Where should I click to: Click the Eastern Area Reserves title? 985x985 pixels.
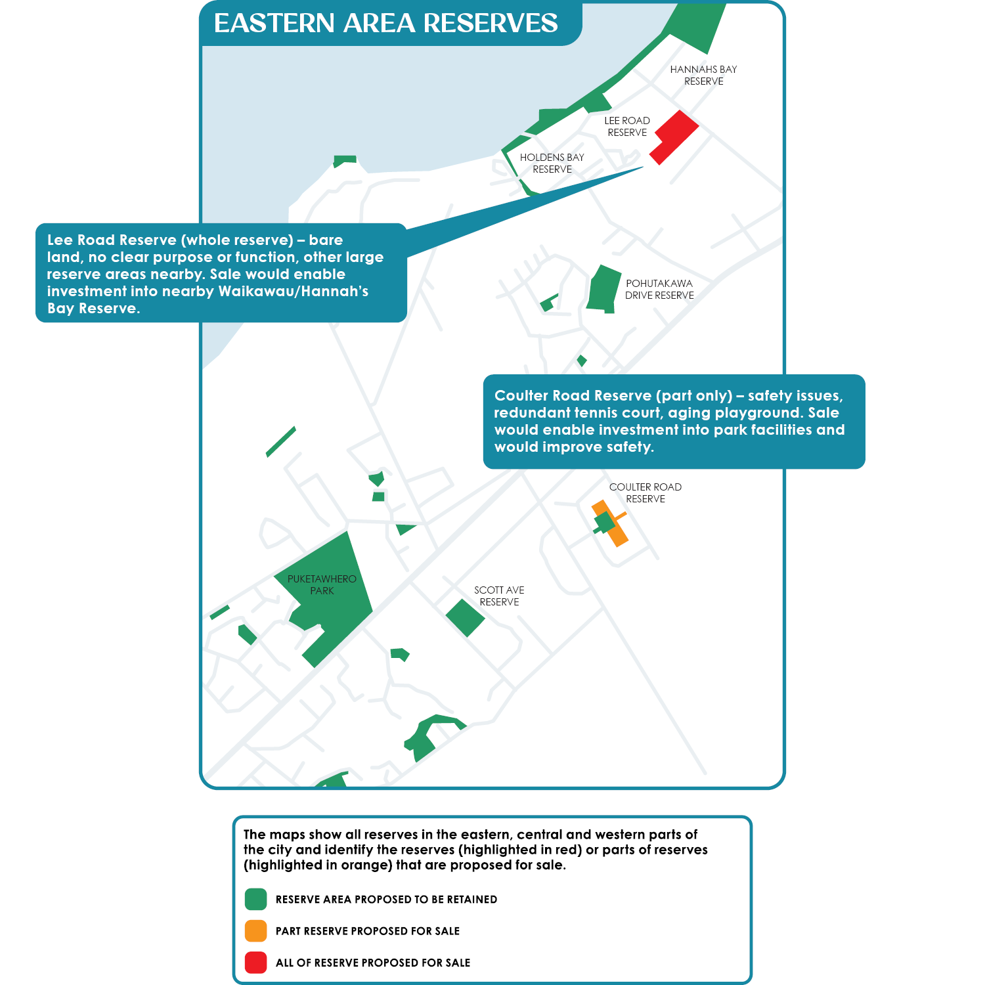tap(385, 24)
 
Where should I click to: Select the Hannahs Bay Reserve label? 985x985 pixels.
tap(703, 76)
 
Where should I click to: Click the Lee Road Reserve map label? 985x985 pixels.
tap(627, 127)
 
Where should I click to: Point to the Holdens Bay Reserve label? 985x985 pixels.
tap(552, 164)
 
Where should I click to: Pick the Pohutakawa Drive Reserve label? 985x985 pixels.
tap(659, 290)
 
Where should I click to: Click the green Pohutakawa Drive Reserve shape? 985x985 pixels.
tap(603, 288)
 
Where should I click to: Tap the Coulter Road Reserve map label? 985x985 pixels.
tap(646, 493)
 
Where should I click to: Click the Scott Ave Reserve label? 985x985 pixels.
tap(499, 596)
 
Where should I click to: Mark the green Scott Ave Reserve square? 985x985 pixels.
tap(465, 618)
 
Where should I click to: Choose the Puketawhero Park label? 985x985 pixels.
tap(322, 585)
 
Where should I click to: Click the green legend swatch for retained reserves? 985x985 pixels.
tap(255, 900)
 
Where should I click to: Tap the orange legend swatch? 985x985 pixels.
tap(255, 931)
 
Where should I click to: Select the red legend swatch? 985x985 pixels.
tap(255, 963)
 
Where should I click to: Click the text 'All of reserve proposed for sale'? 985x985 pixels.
tap(373, 963)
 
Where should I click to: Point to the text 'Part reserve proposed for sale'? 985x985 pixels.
tap(368, 932)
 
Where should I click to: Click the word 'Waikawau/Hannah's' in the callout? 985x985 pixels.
tap(293, 292)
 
